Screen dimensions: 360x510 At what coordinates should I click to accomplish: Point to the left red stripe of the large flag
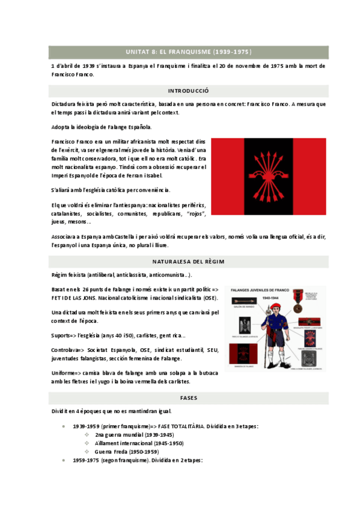tap(227, 176)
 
